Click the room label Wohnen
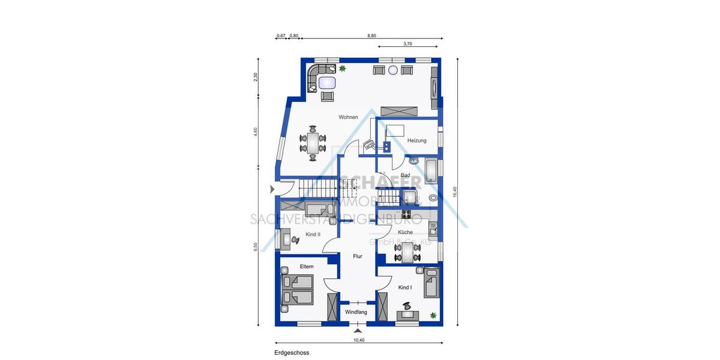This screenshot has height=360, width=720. pyautogui.click(x=348, y=117)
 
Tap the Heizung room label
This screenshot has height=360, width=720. pyautogui.click(x=416, y=140)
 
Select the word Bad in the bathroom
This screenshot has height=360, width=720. pyautogui.click(x=405, y=175)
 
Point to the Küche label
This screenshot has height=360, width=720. pyautogui.click(x=405, y=232)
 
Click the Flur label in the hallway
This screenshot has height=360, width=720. pyautogui.click(x=357, y=256)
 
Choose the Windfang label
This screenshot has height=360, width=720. pyautogui.click(x=356, y=313)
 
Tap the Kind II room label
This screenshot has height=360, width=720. pyautogui.click(x=313, y=234)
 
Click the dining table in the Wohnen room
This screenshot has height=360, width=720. pyautogui.click(x=313, y=143)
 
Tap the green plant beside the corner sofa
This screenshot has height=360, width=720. pyautogui.click(x=342, y=69)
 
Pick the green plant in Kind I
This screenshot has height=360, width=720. pyautogui.click(x=433, y=314)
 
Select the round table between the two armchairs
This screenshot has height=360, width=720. pyautogui.click(x=393, y=70)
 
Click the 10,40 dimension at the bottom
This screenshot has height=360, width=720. pyautogui.click(x=358, y=340)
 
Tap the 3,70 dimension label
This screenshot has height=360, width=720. pyautogui.click(x=407, y=44)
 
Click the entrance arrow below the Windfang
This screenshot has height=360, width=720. pyautogui.click(x=358, y=330)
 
